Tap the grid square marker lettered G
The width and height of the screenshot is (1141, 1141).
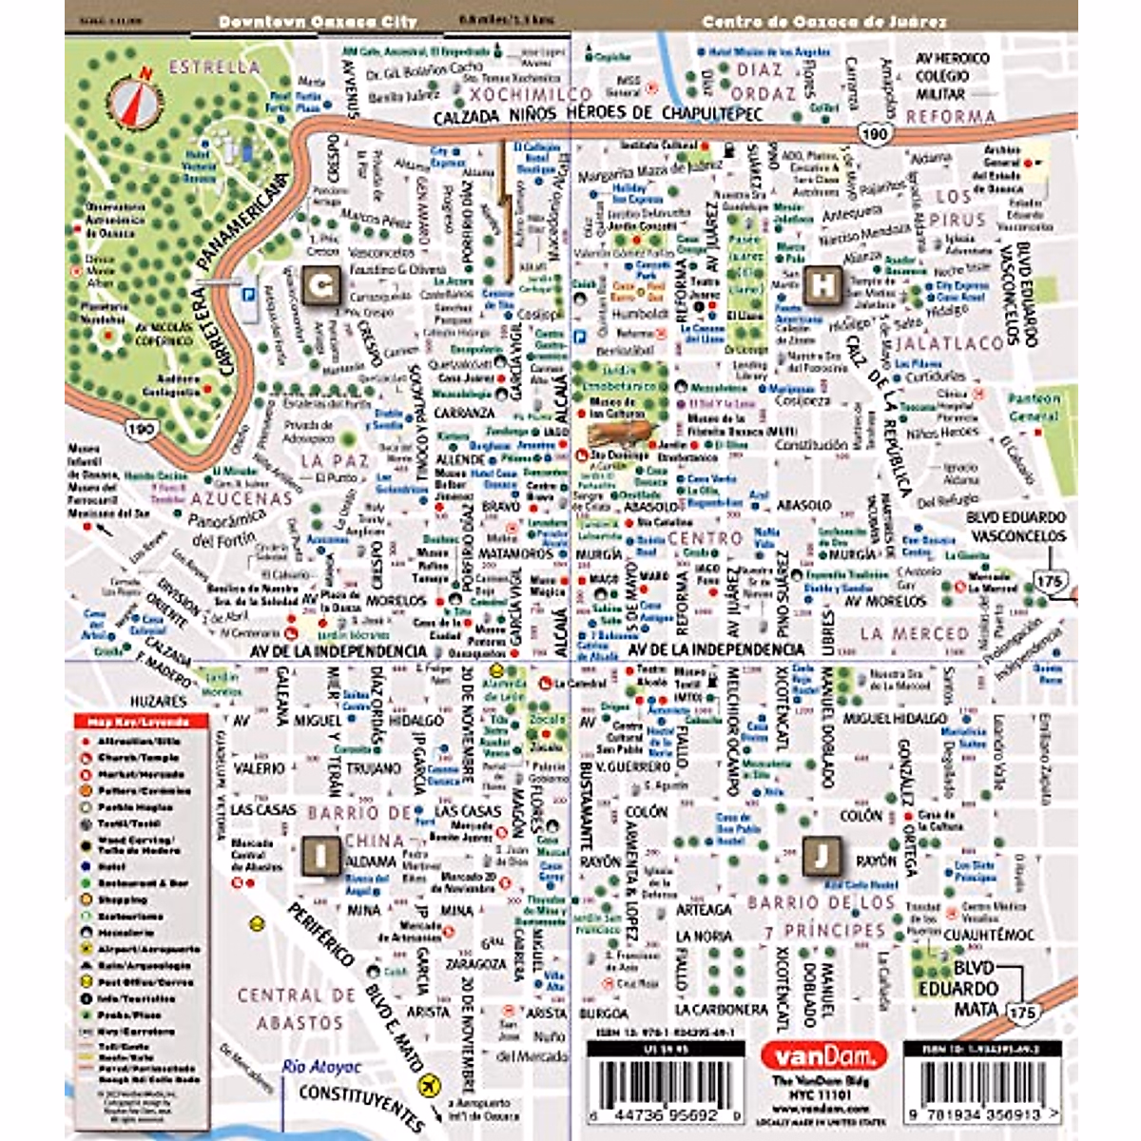tap(321, 286)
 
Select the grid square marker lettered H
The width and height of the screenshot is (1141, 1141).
tap(823, 285)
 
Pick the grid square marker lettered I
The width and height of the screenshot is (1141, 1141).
tap(321, 855)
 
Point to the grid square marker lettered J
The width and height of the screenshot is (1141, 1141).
tap(822, 855)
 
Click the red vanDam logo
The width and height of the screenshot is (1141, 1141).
tap(823, 1054)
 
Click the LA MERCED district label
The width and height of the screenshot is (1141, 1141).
tap(914, 633)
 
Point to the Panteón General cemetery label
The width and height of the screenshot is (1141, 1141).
tap(1033, 408)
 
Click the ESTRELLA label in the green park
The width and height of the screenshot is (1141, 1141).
tap(214, 68)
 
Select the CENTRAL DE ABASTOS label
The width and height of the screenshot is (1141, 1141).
tap(296, 1009)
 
